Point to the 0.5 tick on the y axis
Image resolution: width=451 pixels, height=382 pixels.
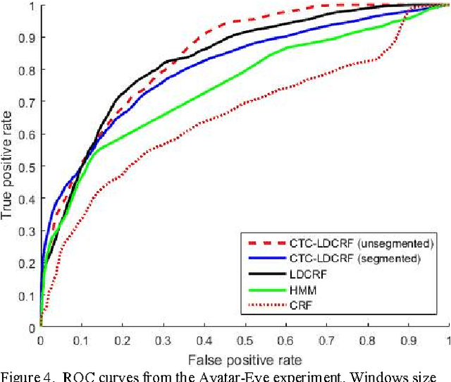point(28,166)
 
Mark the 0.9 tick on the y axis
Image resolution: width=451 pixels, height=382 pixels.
point(28,37)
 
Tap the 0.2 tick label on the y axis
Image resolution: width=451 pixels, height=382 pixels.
point(28,263)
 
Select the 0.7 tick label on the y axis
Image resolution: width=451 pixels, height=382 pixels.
point(28,102)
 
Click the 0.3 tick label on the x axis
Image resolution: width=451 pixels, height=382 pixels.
point(163,340)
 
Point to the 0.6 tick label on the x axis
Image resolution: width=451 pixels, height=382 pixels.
point(285,340)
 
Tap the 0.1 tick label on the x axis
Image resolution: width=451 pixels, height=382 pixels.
point(81,340)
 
